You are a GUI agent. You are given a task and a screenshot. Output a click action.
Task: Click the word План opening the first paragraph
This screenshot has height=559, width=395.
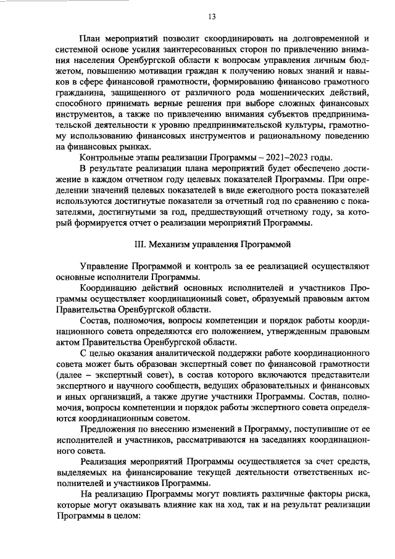[x=91, y=38]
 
